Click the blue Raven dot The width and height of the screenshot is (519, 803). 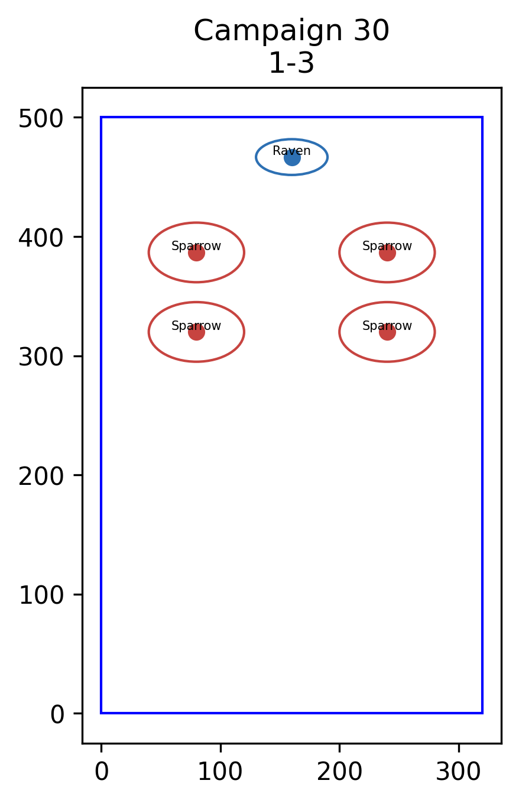tap(292, 158)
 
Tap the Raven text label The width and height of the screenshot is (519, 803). tap(291, 151)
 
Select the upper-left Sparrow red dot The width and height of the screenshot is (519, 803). tap(196, 253)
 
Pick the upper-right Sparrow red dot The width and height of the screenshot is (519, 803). tap(387, 253)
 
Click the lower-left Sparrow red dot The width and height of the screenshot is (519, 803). tap(196, 332)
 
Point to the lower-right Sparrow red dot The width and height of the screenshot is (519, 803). tap(387, 332)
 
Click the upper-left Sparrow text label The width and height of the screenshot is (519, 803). tap(196, 246)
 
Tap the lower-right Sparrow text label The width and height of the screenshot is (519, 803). tap(387, 326)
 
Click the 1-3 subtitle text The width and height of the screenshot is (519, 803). tap(291, 63)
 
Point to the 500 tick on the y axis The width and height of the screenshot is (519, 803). tap(41, 119)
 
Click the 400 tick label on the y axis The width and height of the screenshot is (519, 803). tap(41, 238)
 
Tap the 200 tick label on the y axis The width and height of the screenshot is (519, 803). tap(41, 477)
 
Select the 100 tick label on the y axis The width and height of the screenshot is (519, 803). tap(41, 596)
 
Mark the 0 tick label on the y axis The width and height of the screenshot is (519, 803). tap(57, 715)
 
